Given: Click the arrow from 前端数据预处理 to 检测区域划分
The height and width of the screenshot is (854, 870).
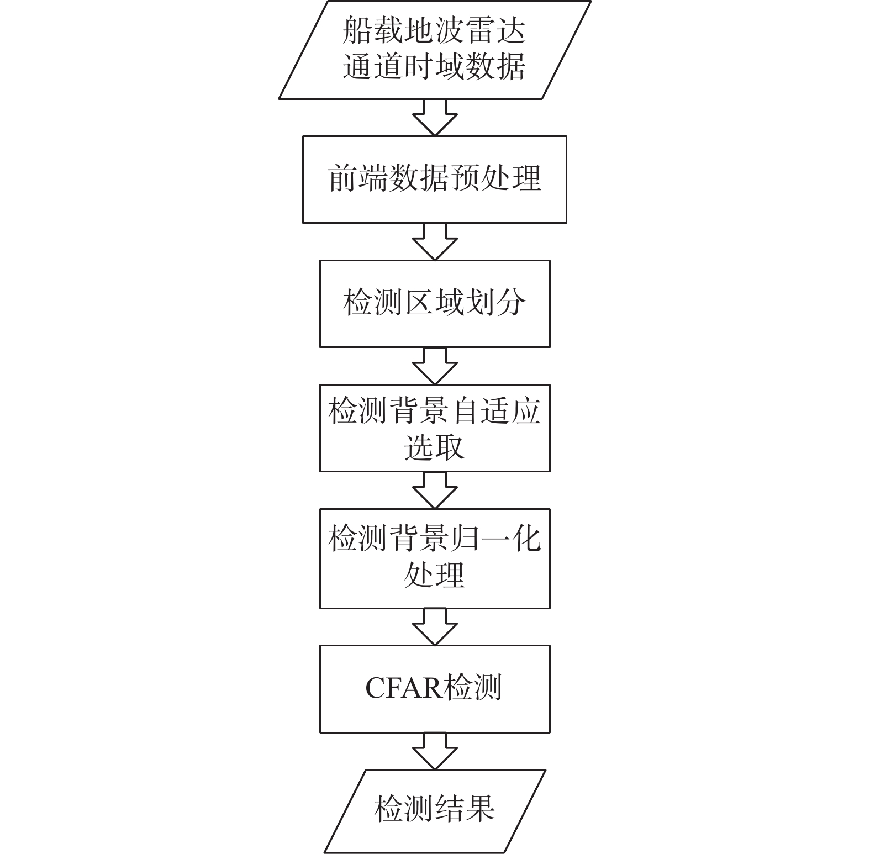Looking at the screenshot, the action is pyautogui.click(x=435, y=241).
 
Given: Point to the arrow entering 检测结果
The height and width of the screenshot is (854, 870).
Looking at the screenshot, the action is pyautogui.click(x=435, y=751).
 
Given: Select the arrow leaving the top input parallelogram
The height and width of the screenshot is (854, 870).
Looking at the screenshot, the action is pyautogui.click(x=435, y=118).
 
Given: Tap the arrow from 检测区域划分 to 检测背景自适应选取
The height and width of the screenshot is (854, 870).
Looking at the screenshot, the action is pyautogui.click(x=435, y=366).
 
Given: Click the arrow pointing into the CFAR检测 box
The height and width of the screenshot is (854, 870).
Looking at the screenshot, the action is pyautogui.click(x=435, y=627).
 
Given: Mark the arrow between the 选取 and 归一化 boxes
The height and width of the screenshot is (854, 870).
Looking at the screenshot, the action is pyautogui.click(x=435, y=490).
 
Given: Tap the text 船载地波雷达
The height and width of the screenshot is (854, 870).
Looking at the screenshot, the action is pyautogui.click(x=435, y=30).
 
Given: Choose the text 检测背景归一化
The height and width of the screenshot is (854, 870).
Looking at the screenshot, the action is pyautogui.click(x=435, y=538).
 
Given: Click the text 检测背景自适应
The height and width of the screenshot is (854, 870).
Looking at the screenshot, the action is pyautogui.click(x=435, y=411).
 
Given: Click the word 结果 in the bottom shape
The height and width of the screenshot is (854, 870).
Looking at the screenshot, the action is pyautogui.click(x=465, y=809).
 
